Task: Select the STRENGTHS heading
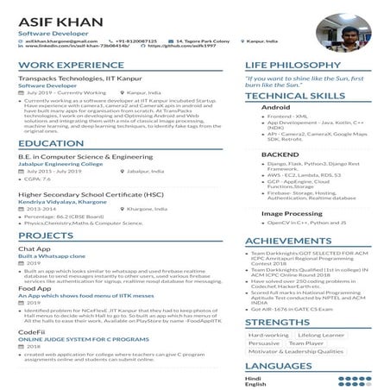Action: coord(277,322)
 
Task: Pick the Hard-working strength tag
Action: coord(268,335)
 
